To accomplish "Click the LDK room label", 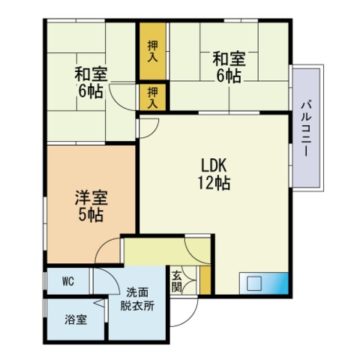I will pos(214,165).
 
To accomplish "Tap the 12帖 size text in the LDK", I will pos(214,182).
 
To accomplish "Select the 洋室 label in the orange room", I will pos(90,199).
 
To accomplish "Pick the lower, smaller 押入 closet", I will pos(152,95).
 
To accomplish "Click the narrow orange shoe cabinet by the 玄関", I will pos(204,280).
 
